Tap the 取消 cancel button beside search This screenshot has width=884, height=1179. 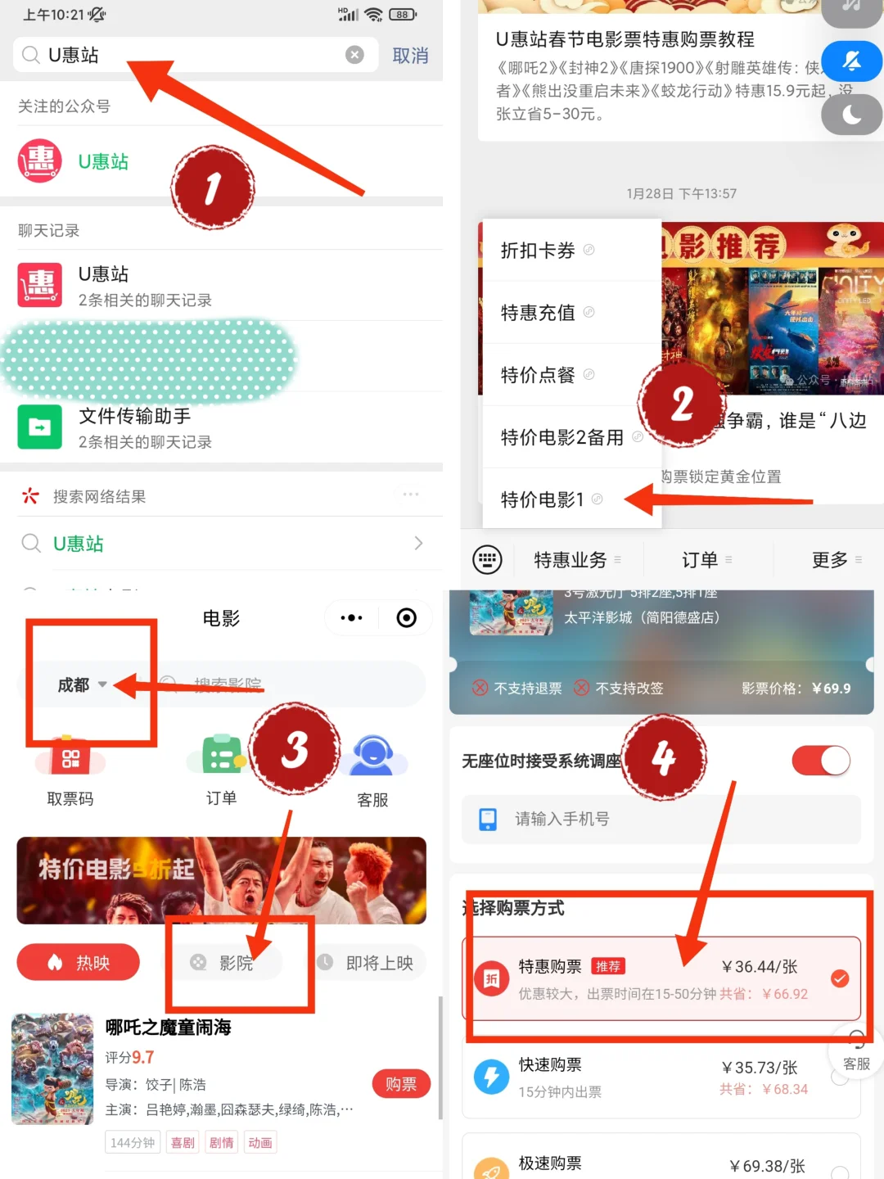pos(410,56)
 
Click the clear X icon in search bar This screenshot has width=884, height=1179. pos(354,55)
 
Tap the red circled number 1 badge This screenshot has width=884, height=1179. pos(213,188)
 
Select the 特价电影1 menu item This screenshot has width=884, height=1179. pos(543,499)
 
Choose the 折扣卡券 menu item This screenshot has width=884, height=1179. pos(539,251)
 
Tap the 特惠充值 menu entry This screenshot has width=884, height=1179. pos(539,313)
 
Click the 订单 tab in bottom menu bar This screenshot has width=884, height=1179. pos(701,560)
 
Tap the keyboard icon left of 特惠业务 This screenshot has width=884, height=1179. pos(487,560)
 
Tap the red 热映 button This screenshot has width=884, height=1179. pos(79,963)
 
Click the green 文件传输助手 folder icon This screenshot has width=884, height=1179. pos(40,427)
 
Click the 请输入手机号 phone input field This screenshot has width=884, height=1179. pos(661,819)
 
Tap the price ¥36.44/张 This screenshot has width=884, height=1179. pos(759,967)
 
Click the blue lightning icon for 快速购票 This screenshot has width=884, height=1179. pos(492,1076)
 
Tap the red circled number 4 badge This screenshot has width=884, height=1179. pos(664,757)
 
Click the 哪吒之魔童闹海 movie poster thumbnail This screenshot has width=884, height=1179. pos(52,1068)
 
